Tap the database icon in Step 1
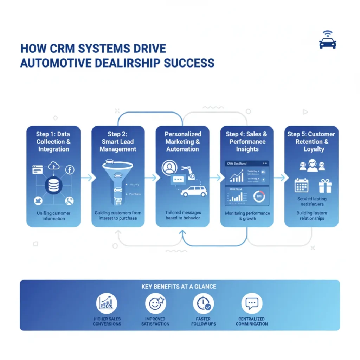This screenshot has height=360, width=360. pyautogui.click(x=53, y=185)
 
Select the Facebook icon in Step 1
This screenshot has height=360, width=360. pyautogui.click(x=70, y=170)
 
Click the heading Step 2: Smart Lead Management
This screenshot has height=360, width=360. pyautogui.click(x=117, y=141)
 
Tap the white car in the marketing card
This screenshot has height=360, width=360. pyautogui.click(x=194, y=191)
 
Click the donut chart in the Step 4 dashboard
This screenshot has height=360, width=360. pyautogui.click(x=259, y=197)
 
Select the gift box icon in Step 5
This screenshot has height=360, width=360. pyautogui.click(x=325, y=186)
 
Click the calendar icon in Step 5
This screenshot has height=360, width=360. pyautogui.click(x=302, y=185)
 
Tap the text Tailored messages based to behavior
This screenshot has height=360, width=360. pyautogui.click(x=182, y=215)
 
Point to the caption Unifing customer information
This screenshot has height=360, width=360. pyautogui.click(x=53, y=216)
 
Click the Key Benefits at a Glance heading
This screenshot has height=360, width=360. pyautogui.click(x=179, y=287)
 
